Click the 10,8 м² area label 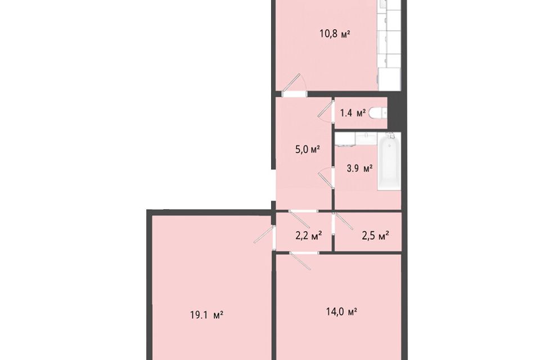(335, 34)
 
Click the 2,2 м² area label (308, 236)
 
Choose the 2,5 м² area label (375, 236)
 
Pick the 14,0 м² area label (343, 311)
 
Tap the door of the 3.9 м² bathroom (326, 179)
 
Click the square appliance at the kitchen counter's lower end (389, 79)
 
